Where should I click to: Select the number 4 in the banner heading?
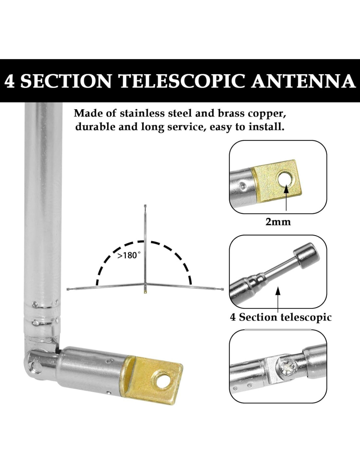[10, 81]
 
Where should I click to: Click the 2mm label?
[278, 222]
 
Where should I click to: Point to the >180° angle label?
[129, 255]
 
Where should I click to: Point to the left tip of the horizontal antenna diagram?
[68, 289]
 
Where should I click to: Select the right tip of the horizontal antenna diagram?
[223, 289]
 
